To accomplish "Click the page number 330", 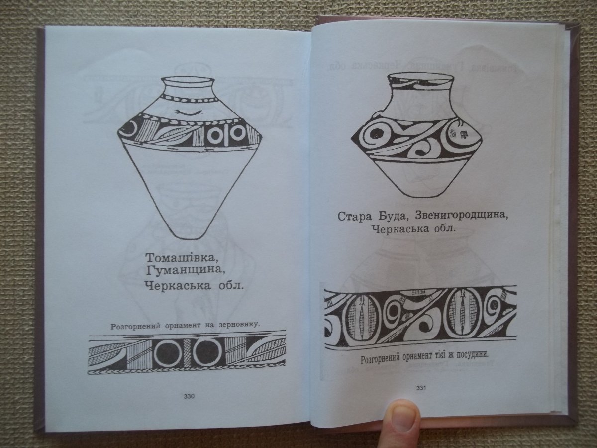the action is pos(189,396).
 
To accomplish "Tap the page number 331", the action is pos(421,388).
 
